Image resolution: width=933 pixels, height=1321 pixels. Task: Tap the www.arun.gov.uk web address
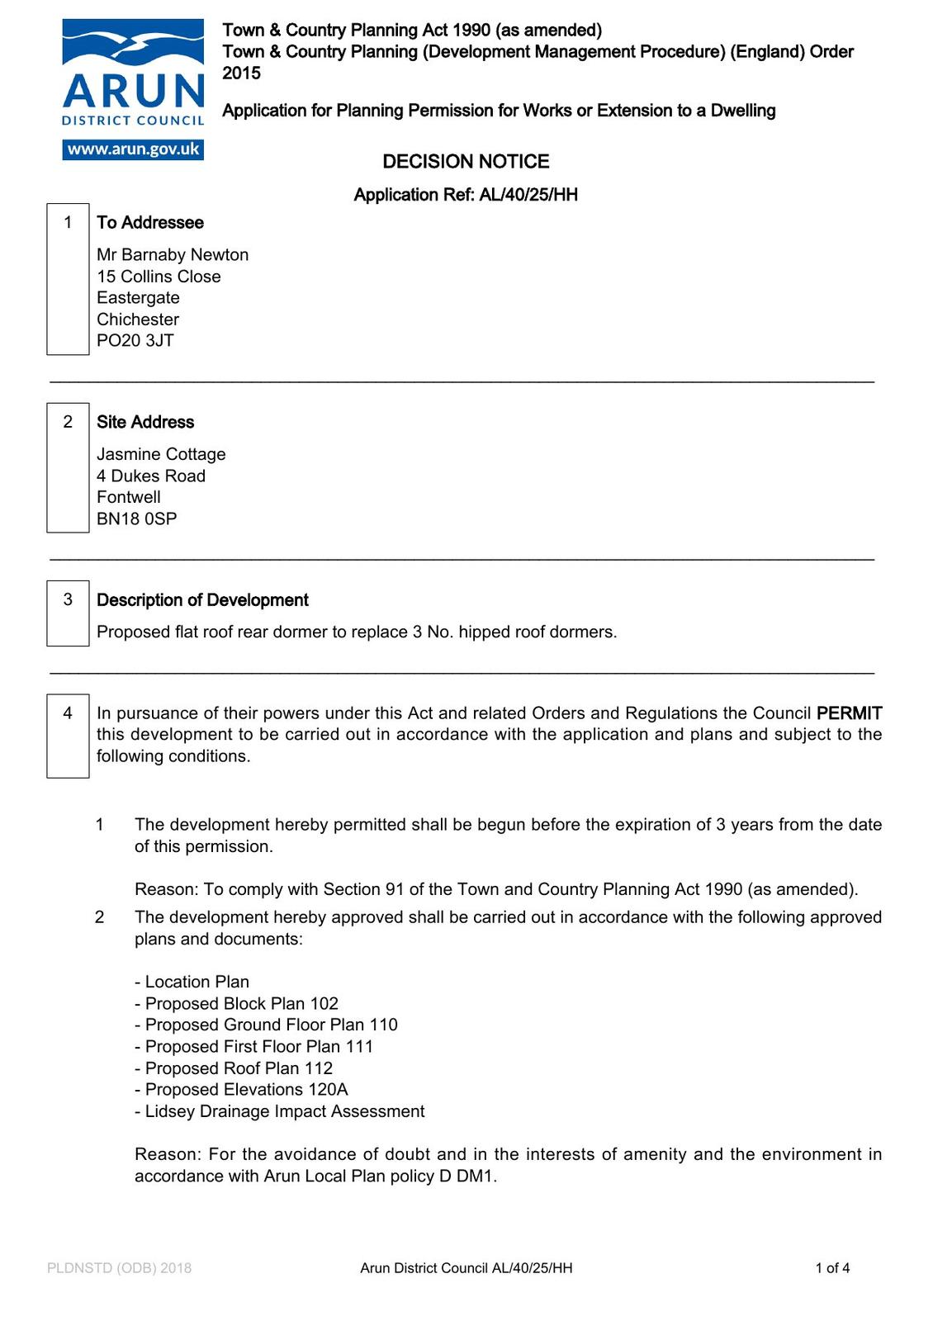(x=133, y=149)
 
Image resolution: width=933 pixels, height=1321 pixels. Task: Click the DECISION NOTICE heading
(x=466, y=162)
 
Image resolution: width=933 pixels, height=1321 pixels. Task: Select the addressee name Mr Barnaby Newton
(x=173, y=255)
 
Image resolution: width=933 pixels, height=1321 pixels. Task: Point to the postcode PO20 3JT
(x=135, y=341)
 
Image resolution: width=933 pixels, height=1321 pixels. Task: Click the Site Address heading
(x=145, y=422)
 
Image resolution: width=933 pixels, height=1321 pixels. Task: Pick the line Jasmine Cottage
(x=161, y=454)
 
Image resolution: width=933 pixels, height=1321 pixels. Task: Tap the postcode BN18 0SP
(x=137, y=519)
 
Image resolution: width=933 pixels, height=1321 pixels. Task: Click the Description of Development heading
(x=202, y=600)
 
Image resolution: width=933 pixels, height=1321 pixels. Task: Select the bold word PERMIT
(x=849, y=713)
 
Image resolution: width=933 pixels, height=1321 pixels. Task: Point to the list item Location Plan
(x=192, y=982)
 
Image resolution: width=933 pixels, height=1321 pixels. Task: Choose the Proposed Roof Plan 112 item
(x=234, y=1068)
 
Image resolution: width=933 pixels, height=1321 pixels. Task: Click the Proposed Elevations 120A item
(x=241, y=1090)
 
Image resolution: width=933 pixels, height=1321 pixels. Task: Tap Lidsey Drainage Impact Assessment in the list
(x=280, y=1111)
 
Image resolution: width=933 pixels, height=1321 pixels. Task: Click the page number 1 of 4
(x=832, y=1268)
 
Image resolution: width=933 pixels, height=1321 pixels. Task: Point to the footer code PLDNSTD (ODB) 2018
(x=120, y=1268)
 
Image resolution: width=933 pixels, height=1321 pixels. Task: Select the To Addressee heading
(x=150, y=223)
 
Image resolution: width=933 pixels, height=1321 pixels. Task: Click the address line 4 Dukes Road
(x=151, y=476)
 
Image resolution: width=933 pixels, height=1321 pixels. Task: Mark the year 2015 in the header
(x=241, y=73)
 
